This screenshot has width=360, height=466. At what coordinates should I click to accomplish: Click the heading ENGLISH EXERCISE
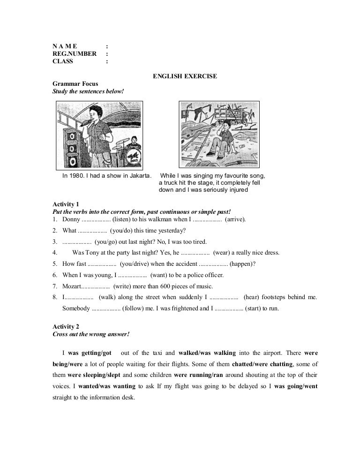(185, 76)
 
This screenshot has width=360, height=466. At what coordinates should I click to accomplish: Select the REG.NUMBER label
(74, 54)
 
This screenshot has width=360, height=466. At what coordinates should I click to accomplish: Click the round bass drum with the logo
(133, 158)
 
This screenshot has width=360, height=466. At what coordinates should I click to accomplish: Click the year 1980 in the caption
(76, 176)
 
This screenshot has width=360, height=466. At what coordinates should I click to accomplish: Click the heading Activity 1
(66, 204)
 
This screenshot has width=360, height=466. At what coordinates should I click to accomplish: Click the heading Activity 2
(66, 326)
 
